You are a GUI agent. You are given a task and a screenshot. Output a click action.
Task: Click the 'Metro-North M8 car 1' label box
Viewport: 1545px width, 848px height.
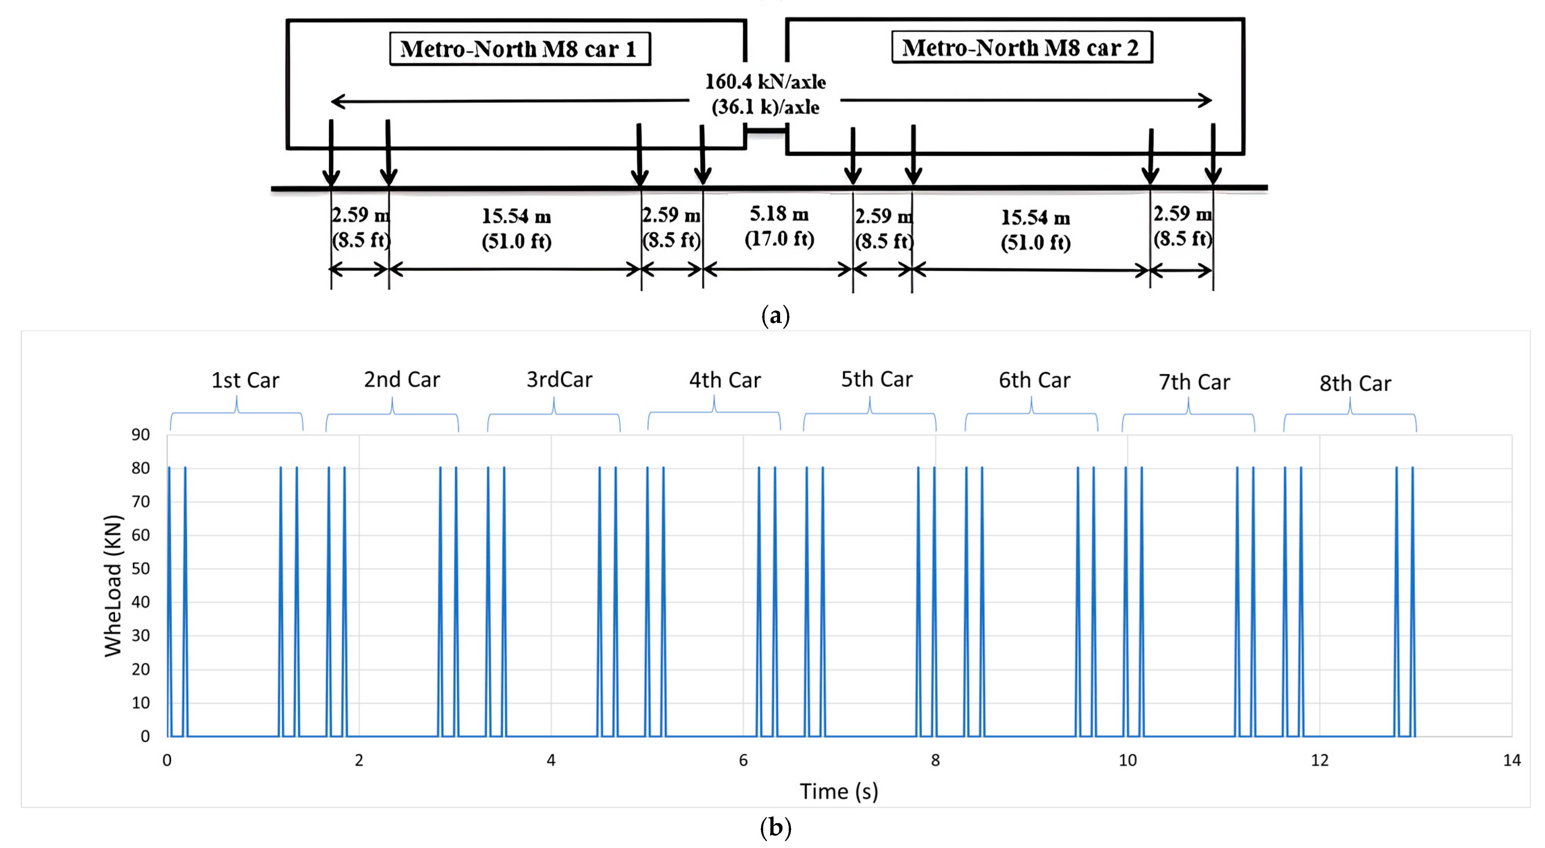coord(519,48)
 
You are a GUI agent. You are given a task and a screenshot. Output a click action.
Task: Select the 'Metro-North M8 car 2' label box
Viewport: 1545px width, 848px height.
coord(1021,47)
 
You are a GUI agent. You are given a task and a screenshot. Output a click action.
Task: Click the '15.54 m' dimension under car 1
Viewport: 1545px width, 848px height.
coord(516,216)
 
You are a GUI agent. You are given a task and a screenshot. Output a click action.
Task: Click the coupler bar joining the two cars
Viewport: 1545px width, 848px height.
coord(766,130)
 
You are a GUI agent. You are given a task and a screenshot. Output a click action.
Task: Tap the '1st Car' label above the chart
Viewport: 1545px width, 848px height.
coord(245,380)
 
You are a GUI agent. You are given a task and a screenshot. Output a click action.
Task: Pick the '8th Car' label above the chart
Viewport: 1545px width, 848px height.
coord(1355,383)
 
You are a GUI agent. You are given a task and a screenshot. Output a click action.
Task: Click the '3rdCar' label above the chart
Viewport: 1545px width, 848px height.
coord(559,380)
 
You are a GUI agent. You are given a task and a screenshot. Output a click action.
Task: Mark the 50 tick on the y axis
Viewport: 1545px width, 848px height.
coord(141,569)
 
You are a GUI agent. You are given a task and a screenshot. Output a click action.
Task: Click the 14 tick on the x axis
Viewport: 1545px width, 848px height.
coord(1511,760)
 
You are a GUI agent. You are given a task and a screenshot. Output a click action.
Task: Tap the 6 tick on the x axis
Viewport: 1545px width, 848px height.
coord(743,760)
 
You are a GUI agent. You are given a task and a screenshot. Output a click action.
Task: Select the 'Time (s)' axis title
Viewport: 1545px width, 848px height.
coord(839,792)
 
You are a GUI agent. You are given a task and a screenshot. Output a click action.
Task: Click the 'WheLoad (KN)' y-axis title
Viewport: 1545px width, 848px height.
coord(113,586)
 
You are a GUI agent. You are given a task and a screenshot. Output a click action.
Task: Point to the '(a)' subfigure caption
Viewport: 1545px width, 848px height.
coord(775,315)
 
